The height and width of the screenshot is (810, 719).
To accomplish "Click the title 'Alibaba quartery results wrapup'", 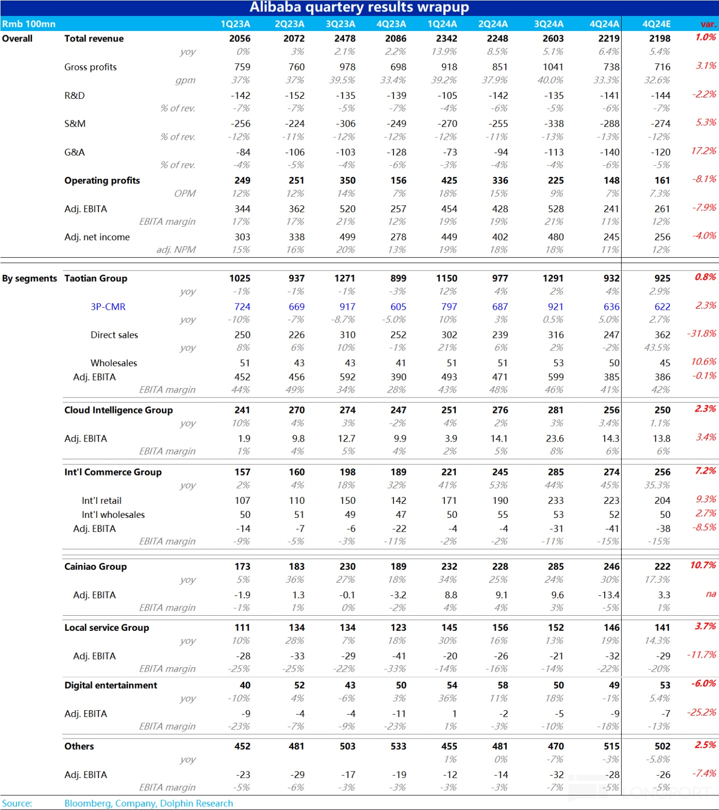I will [x=359, y=7].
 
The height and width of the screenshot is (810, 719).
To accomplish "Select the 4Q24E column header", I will [x=656, y=24].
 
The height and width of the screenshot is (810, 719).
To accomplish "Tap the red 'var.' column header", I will [x=708, y=24].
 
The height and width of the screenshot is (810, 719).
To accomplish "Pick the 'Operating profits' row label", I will [x=102, y=181].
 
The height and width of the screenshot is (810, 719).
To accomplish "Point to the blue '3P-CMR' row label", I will [x=108, y=307].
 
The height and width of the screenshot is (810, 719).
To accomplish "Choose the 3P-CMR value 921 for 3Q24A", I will [x=555, y=307].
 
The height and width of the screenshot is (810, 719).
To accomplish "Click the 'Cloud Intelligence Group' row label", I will [x=118, y=410].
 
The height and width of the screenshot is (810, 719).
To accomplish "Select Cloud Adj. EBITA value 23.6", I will [x=555, y=438].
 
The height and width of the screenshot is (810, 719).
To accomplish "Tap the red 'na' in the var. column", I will [x=711, y=594].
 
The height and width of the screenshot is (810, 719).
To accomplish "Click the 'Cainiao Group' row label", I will [x=95, y=567].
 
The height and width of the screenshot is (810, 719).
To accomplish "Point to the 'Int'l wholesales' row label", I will [x=113, y=515].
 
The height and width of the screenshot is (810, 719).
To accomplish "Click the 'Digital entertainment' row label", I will [x=110, y=685].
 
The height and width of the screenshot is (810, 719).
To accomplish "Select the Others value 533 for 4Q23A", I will [x=398, y=747].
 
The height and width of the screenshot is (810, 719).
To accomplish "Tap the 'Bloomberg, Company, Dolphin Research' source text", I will [x=148, y=804].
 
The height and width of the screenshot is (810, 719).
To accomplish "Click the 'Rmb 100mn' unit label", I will [x=28, y=24].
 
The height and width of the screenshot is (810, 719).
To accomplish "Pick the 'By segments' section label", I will [x=29, y=279].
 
